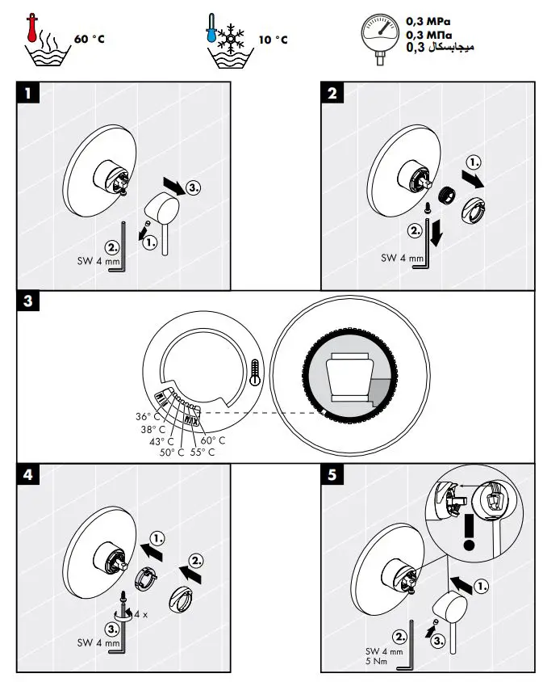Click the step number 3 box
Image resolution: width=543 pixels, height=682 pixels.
pos(28,302)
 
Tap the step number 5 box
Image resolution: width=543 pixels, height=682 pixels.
pos(332,474)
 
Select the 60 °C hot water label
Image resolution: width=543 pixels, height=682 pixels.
pos(89,40)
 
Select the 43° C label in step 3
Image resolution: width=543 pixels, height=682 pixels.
pos(161,441)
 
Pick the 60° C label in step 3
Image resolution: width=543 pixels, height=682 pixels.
pos(213,440)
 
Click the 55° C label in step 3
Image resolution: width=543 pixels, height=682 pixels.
pos(203,453)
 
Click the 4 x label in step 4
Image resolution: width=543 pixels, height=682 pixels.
pos(141,614)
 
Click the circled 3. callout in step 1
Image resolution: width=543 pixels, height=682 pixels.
pos(194,187)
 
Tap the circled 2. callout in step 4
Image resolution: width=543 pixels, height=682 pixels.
pos(196,560)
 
